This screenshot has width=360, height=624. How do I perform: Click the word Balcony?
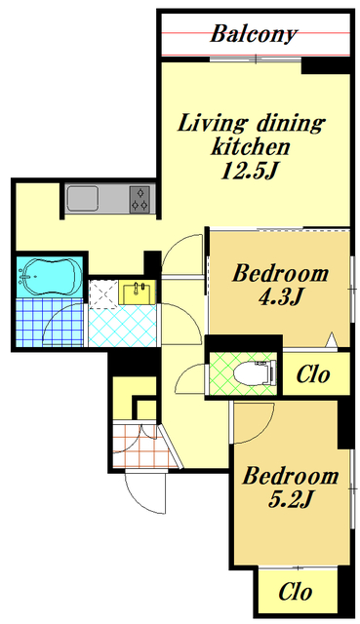[254, 34]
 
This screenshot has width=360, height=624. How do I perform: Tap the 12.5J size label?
[249, 172]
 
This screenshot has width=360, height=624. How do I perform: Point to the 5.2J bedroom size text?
[290, 499]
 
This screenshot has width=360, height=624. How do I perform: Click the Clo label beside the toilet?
[313, 374]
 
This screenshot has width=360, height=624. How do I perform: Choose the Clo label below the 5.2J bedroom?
[295, 592]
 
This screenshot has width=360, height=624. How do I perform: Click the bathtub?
[50, 276]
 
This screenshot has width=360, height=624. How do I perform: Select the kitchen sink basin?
[82, 199]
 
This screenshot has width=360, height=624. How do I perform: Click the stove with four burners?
[140, 199]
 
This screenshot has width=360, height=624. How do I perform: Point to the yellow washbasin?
[138, 292]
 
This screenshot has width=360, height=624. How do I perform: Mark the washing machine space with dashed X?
[103, 294]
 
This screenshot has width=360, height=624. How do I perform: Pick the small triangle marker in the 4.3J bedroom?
[332, 339]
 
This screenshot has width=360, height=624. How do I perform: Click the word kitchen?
[250, 147]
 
